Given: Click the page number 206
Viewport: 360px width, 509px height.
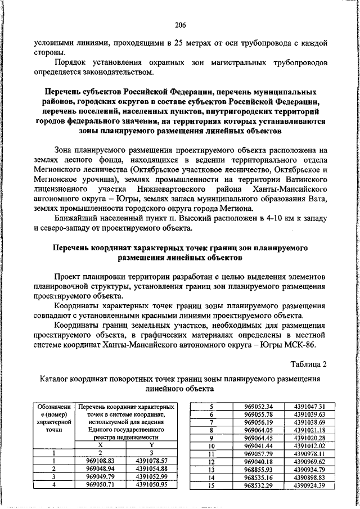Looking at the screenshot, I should point(180,24).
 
